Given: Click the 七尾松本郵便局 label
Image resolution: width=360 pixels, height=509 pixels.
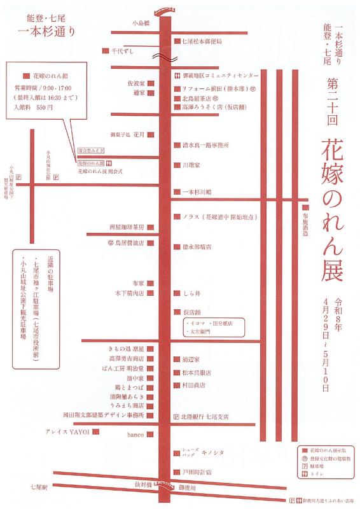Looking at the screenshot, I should [202, 41].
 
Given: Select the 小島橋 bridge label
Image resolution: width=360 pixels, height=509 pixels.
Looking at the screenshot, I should [141, 23].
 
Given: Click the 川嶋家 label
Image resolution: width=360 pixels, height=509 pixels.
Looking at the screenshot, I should [191, 165].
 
